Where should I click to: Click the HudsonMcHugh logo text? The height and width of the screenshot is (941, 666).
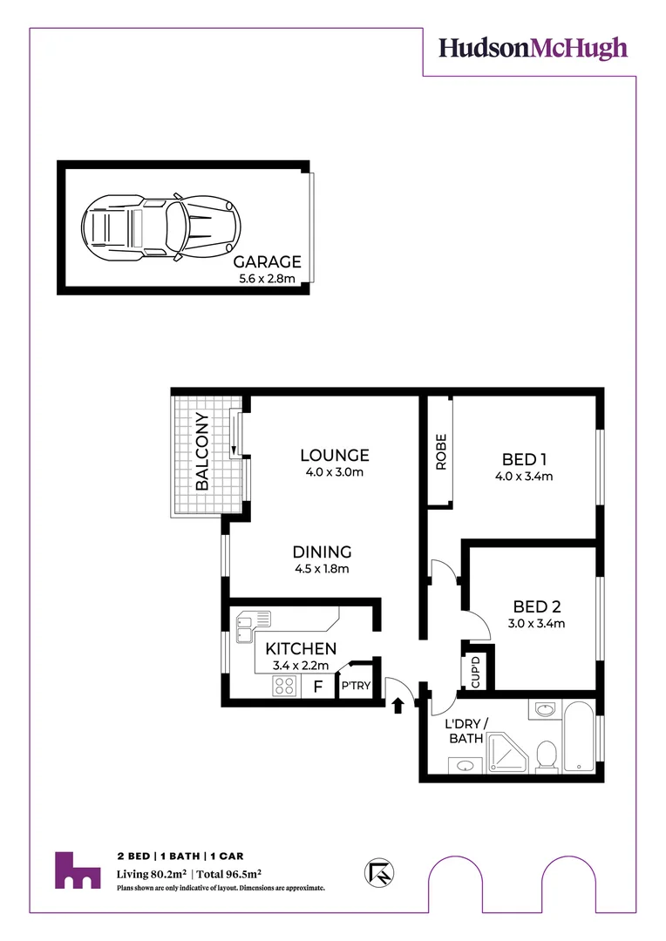tap(532, 47)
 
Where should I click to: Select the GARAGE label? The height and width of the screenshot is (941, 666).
tap(267, 261)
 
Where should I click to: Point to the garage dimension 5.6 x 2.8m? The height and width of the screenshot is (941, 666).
tap(267, 279)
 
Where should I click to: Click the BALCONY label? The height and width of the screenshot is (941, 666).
tap(201, 452)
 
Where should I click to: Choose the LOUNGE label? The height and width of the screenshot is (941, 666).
tap(334, 455)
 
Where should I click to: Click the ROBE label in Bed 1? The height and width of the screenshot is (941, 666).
tap(440, 452)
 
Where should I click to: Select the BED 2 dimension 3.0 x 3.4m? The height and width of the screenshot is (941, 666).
tap(537, 623)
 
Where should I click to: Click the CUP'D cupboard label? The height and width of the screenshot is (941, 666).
tap(476, 672)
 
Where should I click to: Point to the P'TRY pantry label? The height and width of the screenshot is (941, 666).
tap(356, 686)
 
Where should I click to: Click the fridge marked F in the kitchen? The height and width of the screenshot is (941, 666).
tap(318, 687)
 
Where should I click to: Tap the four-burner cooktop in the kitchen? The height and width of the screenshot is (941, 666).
tap(283, 686)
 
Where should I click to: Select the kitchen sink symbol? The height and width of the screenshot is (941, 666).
tap(254, 620)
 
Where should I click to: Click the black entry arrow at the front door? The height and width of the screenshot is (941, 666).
tap(398, 704)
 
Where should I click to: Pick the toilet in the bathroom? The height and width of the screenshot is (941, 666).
tap(547, 755)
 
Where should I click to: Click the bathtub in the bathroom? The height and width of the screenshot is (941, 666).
tap(579, 740)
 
